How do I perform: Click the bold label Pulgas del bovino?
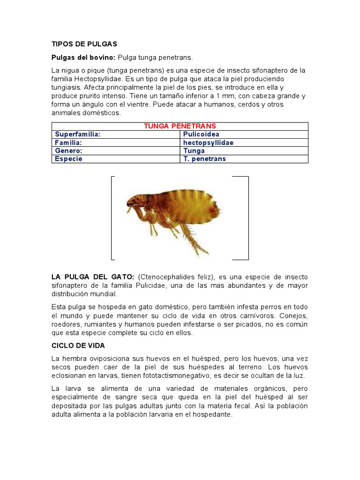[x=83, y=57]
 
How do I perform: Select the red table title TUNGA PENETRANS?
[x=180, y=126]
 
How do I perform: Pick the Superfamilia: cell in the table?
[x=78, y=135]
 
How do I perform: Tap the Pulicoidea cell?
[x=201, y=135]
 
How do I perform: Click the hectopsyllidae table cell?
[x=208, y=142]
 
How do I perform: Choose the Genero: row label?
[x=68, y=151]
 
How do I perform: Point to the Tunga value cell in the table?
[x=194, y=151]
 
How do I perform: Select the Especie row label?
[x=68, y=159]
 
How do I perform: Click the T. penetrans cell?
[x=204, y=159]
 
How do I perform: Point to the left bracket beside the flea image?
[x=112, y=217]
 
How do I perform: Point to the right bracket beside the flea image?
[x=247, y=217]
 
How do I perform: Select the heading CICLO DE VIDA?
[x=78, y=345]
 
